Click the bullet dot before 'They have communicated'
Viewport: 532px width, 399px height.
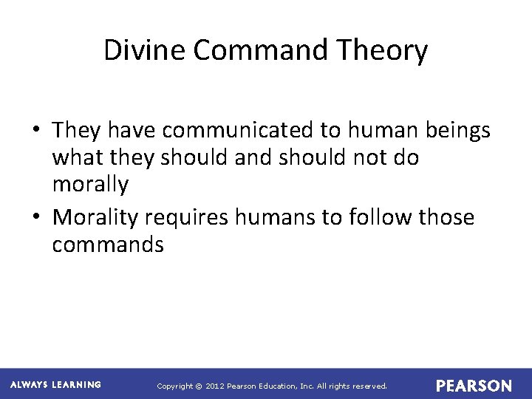tap(36, 132)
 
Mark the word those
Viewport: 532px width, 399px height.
tap(446, 217)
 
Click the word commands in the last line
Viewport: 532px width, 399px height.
tap(108, 245)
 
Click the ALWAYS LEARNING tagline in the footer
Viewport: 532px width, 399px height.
tap(56, 385)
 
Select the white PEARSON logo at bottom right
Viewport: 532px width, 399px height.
tap(473, 386)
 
